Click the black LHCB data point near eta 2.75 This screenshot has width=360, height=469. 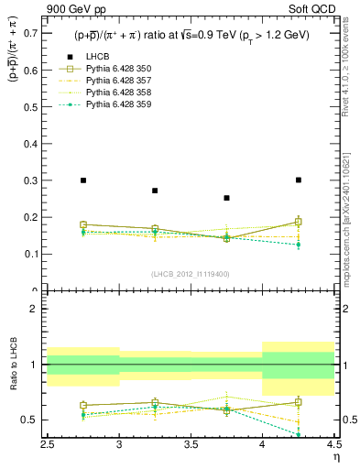coord(83,180)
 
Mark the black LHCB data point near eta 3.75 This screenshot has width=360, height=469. coord(227,198)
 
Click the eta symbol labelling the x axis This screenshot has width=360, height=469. coord(336,456)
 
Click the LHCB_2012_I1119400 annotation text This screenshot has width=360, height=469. coord(191,275)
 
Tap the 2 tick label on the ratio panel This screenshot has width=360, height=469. coord(34,309)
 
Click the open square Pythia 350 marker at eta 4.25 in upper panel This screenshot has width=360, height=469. coord(299,222)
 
